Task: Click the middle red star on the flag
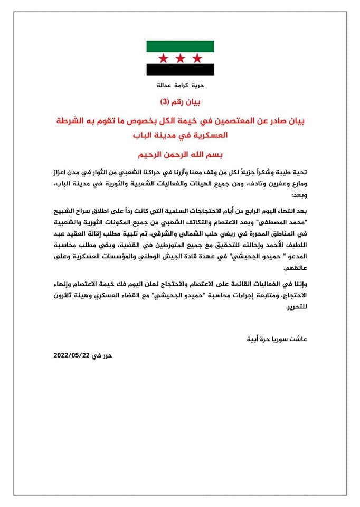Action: (180, 57)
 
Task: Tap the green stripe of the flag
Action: (180, 46)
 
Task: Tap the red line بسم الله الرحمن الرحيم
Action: (181, 155)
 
